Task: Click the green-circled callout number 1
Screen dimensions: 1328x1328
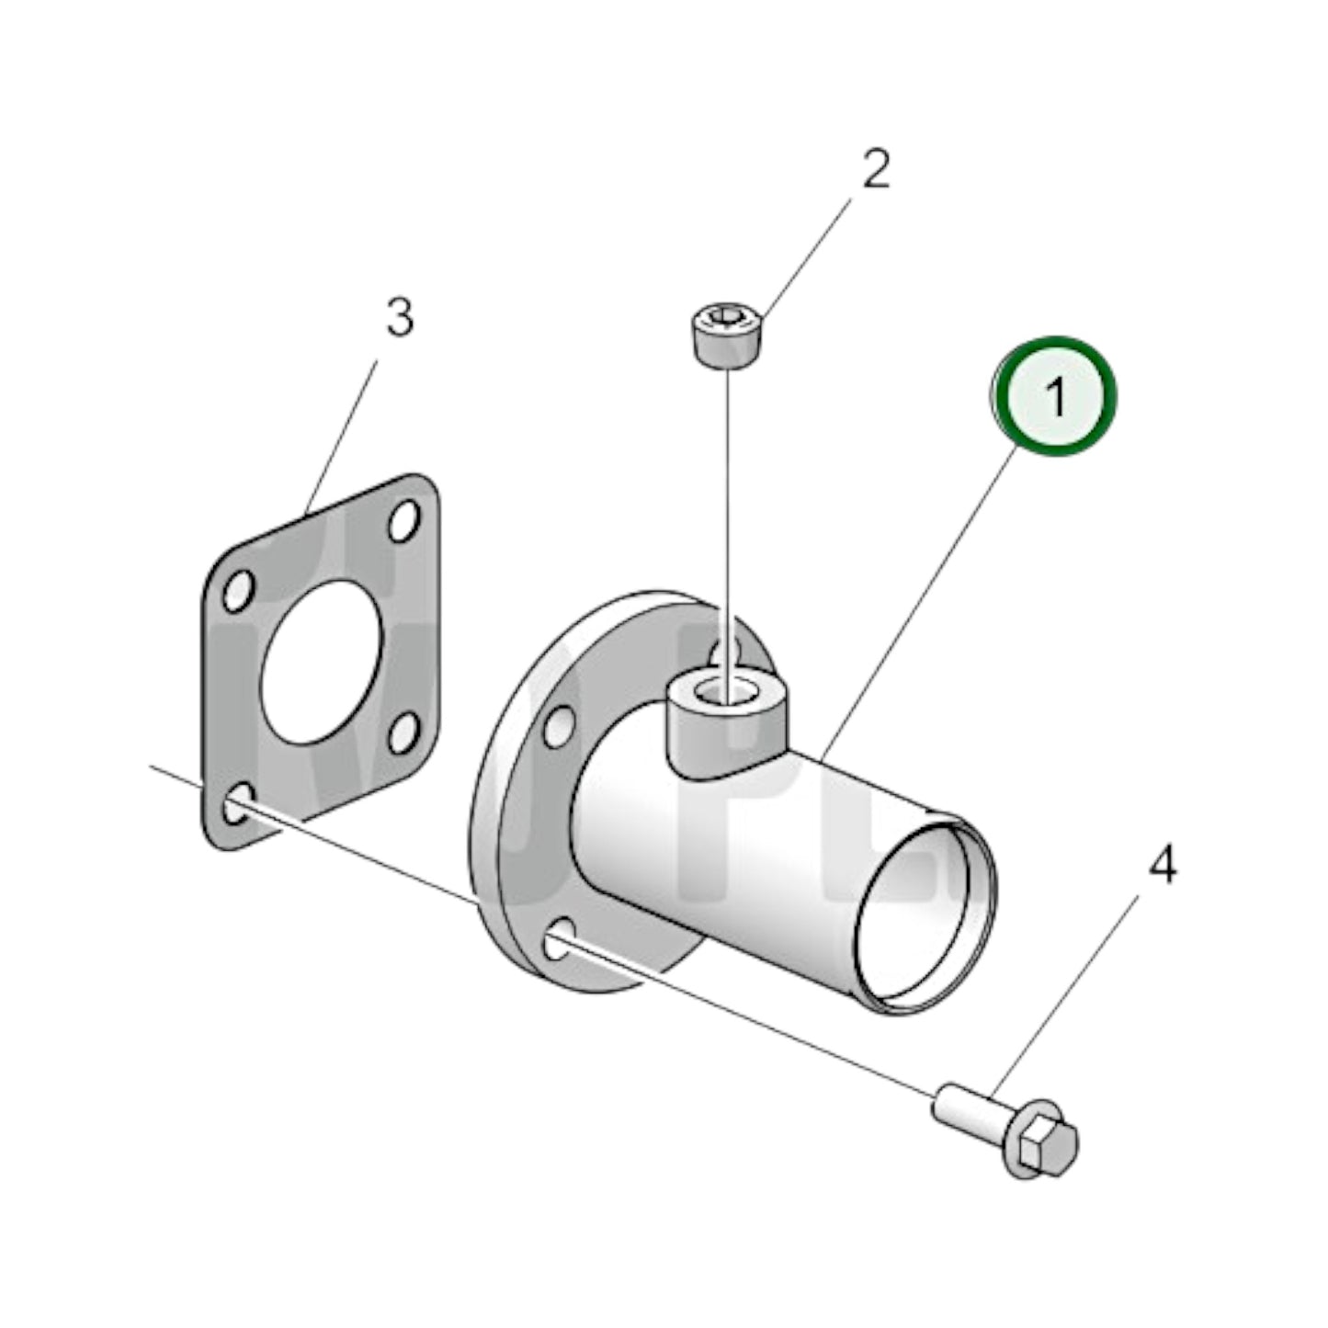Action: [1054, 396]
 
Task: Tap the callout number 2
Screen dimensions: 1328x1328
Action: [875, 170]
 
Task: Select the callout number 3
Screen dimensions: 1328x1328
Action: [398, 318]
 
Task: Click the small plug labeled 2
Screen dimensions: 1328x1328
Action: [726, 336]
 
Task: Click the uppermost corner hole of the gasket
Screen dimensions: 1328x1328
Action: [403, 521]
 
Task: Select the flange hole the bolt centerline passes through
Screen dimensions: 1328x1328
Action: [562, 943]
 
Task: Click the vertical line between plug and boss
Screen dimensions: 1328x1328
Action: [727, 515]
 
